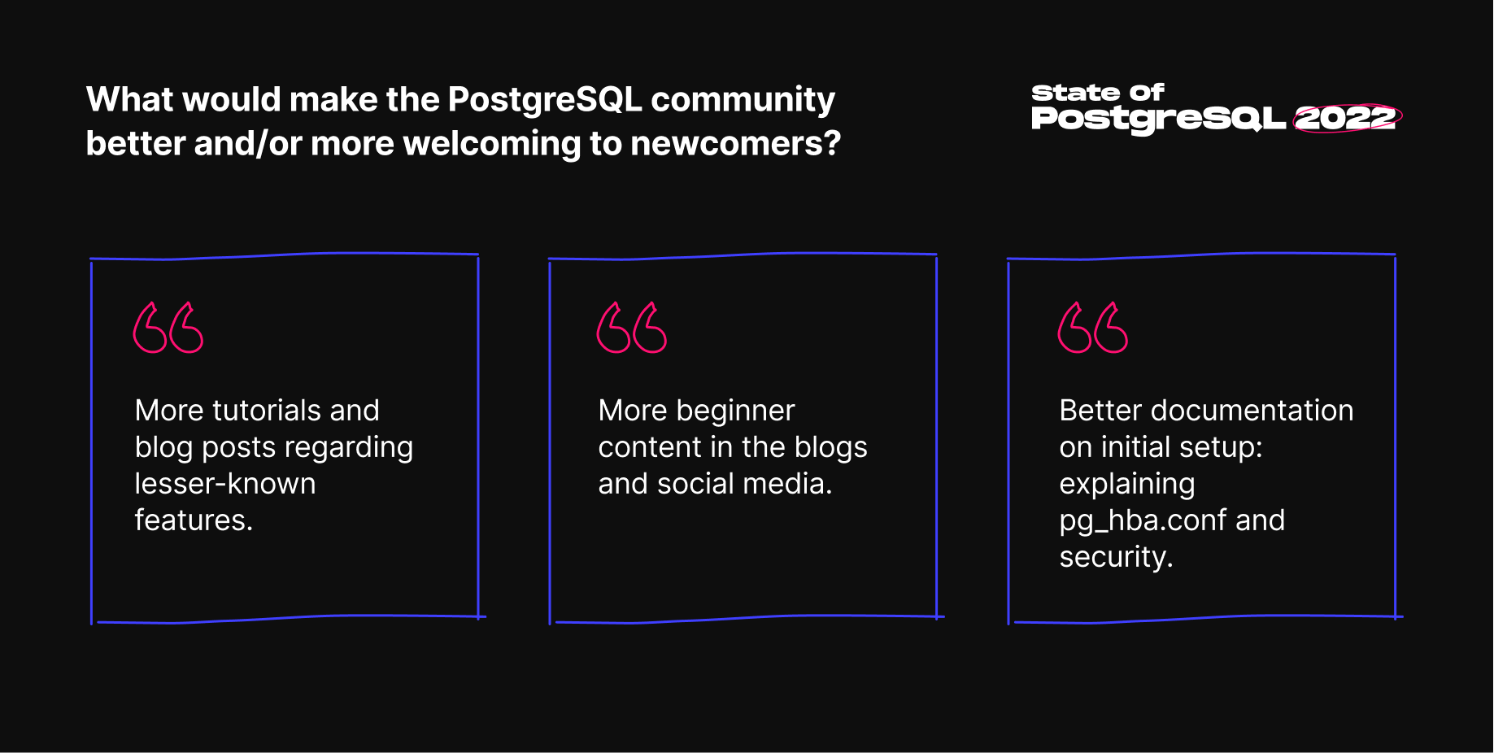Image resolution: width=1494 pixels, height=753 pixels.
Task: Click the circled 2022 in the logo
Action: click(x=1347, y=119)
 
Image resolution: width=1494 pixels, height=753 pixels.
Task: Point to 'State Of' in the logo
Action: click(x=1098, y=93)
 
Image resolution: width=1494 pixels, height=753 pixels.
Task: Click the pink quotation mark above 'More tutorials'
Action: click(x=168, y=328)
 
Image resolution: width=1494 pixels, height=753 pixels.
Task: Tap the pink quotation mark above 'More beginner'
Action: click(x=632, y=328)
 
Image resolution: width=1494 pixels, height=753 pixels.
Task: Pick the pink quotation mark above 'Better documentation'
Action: click(x=1093, y=328)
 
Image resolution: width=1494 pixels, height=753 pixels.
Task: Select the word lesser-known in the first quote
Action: click(x=225, y=484)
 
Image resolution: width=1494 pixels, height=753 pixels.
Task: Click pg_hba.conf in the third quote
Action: click(x=1143, y=521)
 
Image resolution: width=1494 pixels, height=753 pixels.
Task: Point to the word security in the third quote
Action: click(x=1116, y=558)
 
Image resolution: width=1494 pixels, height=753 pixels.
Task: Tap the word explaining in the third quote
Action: click(x=1127, y=485)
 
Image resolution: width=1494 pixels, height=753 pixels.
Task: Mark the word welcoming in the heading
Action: click(x=492, y=145)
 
